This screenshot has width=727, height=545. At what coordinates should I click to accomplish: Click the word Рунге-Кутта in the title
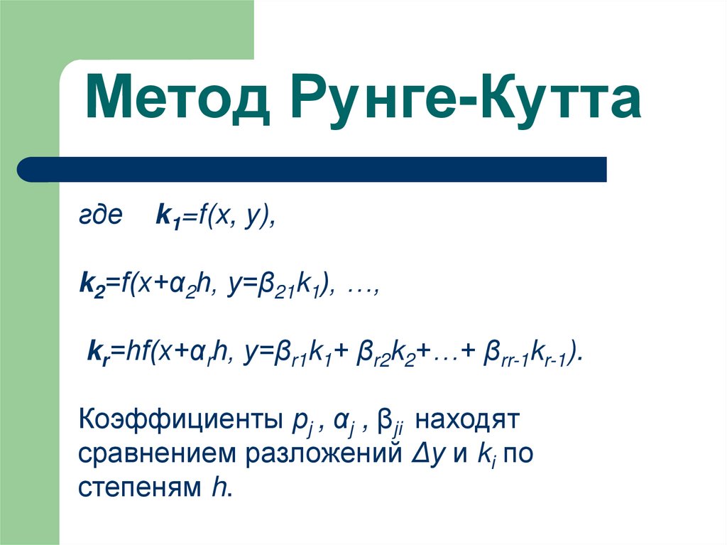click(466, 99)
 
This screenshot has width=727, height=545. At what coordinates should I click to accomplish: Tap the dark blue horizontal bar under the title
click(312, 169)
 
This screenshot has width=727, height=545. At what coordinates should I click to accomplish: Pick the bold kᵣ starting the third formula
click(97, 352)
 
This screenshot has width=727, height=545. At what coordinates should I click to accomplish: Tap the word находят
click(469, 421)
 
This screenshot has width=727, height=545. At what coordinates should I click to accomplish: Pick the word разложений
click(319, 455)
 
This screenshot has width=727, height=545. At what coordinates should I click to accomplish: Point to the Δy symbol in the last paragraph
click(422, 455)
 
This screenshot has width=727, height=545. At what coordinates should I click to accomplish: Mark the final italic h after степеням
click(217, 487)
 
